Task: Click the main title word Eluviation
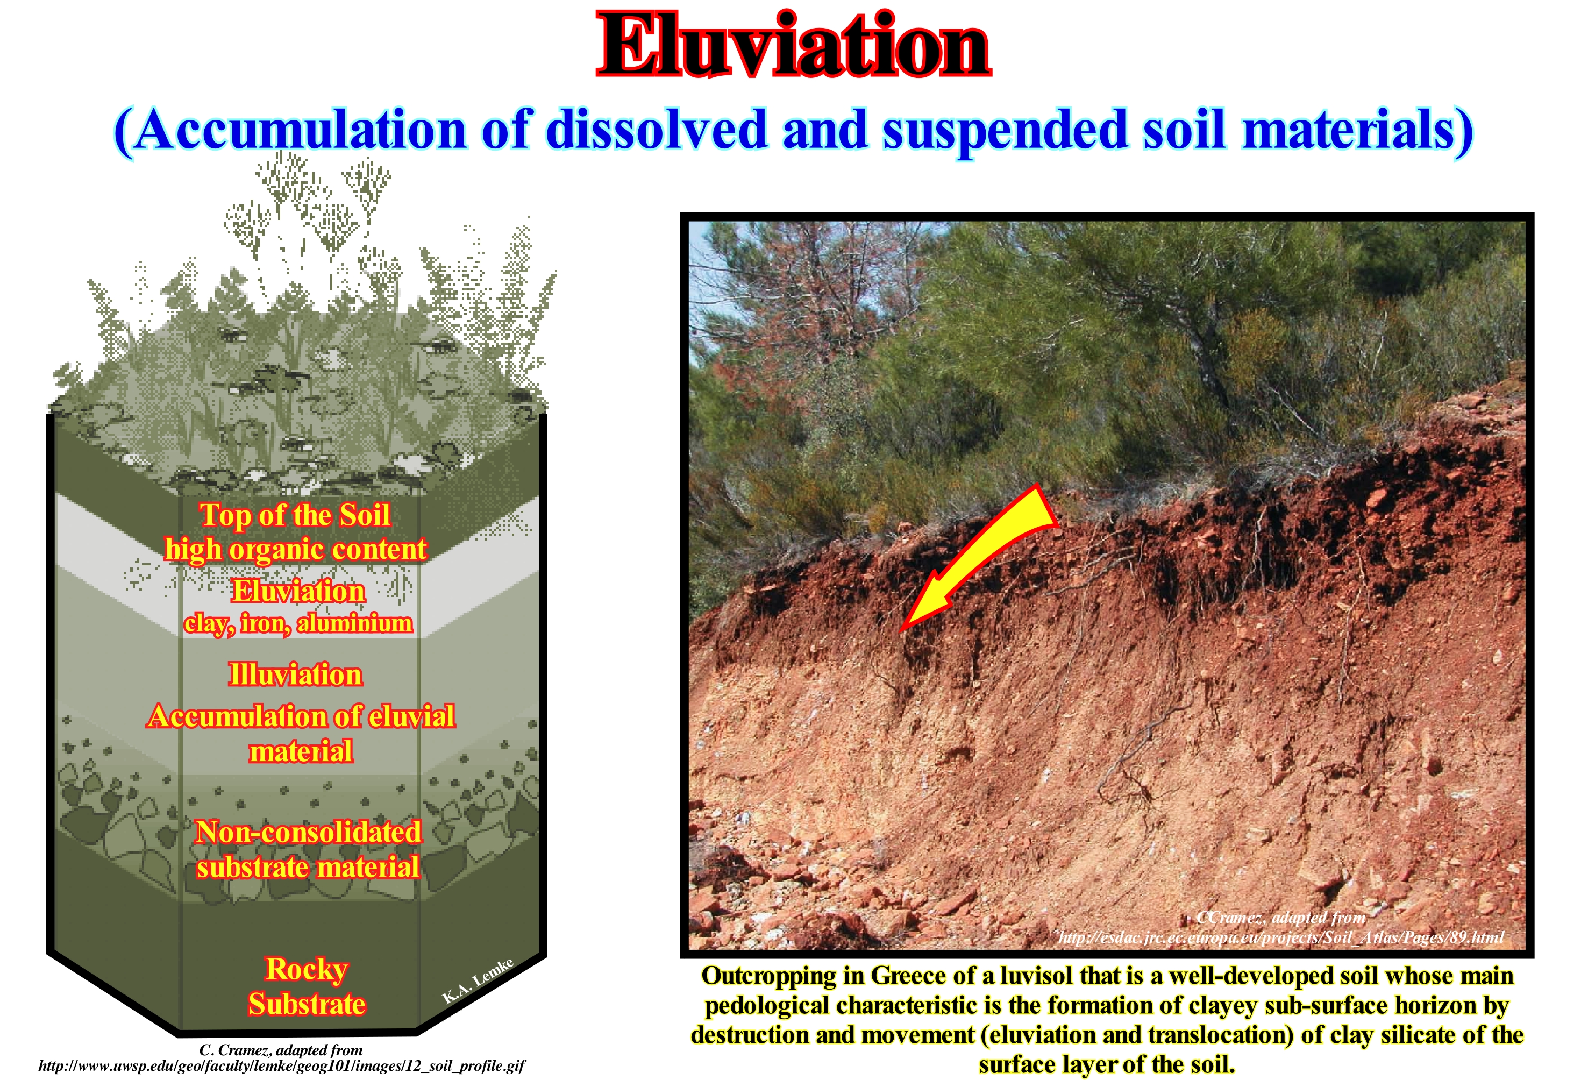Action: pyautogui.click(x=793, y=45)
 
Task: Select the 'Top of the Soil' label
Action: pyautogui.click(x=295, y=515)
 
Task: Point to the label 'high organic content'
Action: pyautogui.click(x=296, y=549)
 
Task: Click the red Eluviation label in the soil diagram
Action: pyautogui.click(x=298, y=591)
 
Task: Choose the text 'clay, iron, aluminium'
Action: pyautogui.click(x=298, y=623)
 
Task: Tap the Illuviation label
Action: pyautogui.click(x=295, y=674)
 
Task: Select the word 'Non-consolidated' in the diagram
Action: pyautogui.click(x=308, y=832)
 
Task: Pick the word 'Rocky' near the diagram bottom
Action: pyautogui.click(x=307, y=969)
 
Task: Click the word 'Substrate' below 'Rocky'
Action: pyautogui.click(x=307, y=1004)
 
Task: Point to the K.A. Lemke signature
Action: pyautogui.click(x=478, y=981)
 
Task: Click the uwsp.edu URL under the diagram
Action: pyautogui.click(x=282, y=1065)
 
